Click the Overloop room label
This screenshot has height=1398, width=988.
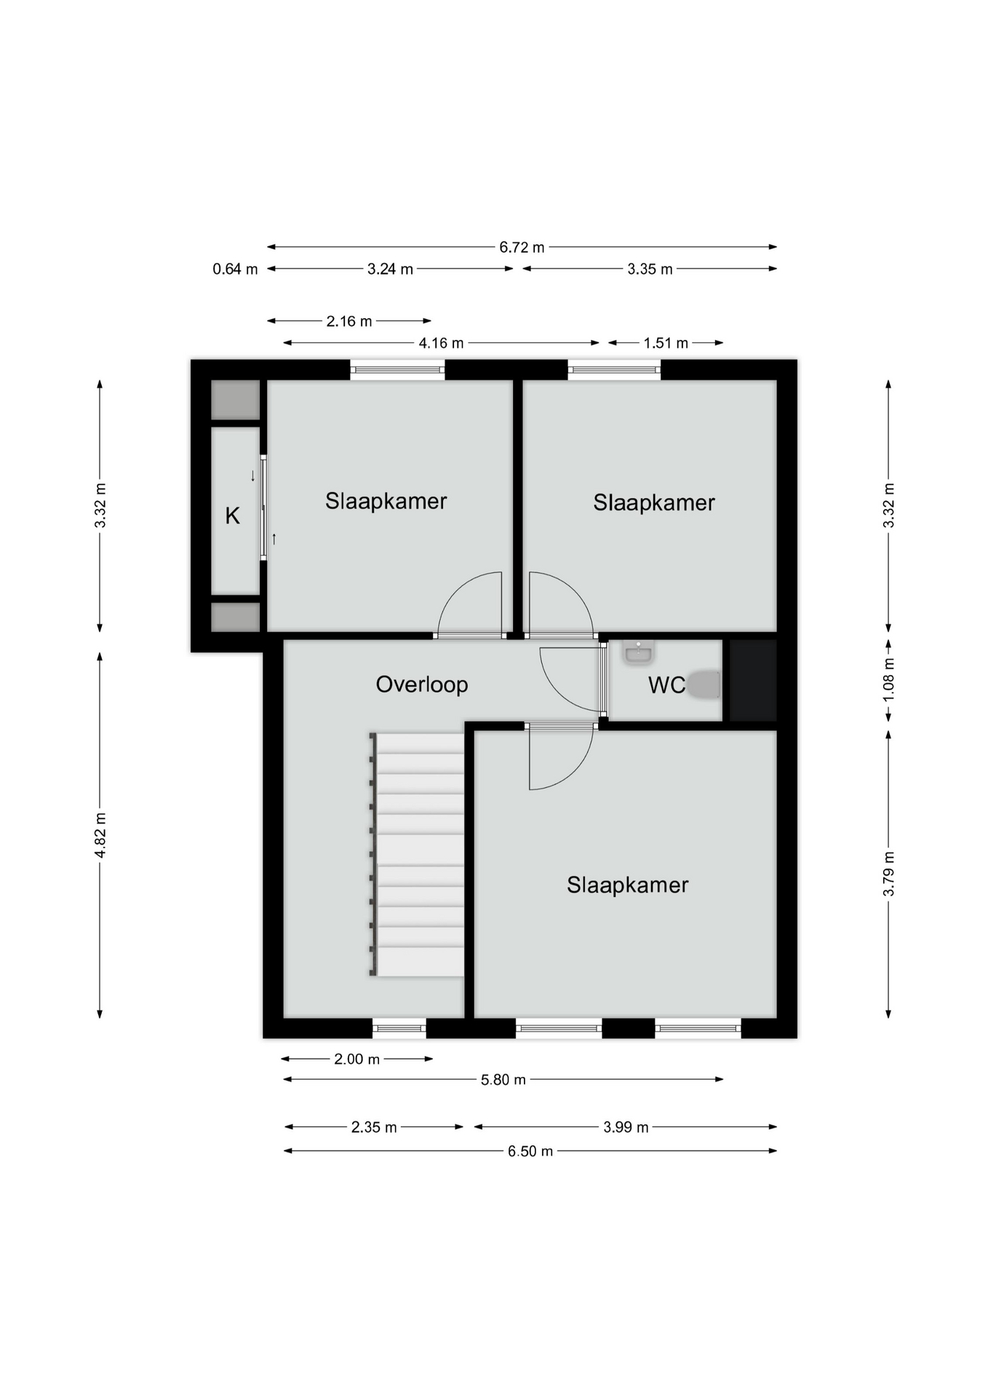point(421,684)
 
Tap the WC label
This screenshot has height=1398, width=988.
point(666,685)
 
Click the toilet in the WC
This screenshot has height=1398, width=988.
point(704,684)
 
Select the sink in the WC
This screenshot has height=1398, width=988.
point(639,652)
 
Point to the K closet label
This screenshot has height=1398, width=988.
point(232,516)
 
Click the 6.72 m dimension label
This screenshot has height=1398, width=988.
point(522,248)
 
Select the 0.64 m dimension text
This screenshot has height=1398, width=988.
point(235,269)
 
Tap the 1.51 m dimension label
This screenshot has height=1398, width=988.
point(666,343)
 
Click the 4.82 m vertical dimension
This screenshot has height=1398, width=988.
point(100,835)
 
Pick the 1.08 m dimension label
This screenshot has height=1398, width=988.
point(888,680)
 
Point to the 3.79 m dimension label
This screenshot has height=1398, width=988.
point(888,874)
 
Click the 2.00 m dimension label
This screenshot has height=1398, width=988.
point(356,1059)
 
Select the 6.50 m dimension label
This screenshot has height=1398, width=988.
point(530,1151)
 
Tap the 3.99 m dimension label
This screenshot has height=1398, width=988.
point(626,1127)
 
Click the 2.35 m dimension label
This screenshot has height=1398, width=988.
point(374,1127)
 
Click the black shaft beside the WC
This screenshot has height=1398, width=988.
point(753,680)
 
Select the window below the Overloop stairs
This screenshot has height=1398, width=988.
point(399,1028)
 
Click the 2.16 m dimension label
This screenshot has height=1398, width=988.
point(349,321)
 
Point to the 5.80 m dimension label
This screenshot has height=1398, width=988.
point(503,1080)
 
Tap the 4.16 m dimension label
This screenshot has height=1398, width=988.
point(441,343)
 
